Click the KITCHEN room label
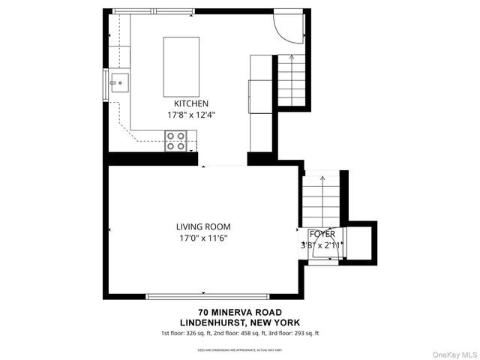191,103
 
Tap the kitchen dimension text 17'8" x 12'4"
191,115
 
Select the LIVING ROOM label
203,226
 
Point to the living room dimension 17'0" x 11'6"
203,238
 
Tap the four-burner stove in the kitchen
176,140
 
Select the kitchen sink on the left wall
118,82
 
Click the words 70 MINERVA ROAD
240,312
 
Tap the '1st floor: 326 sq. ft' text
186,333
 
